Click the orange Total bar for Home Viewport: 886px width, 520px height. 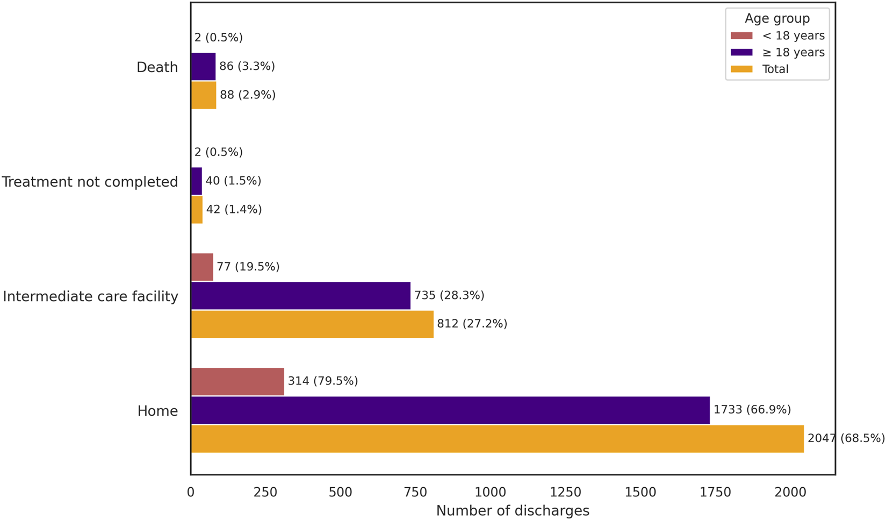point(497,439)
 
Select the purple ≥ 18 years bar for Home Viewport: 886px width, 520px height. point(450,410)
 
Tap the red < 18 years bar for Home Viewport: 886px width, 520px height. point(237,382)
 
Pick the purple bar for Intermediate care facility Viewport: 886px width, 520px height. point(301,296)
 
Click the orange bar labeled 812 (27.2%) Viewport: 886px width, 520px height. point(312,324)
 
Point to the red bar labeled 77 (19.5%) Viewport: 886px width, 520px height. point(203,267)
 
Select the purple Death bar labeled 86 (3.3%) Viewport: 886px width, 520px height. point(204,67)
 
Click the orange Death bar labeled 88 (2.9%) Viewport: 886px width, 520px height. point(204,95)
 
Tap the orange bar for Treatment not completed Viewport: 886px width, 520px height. point(197,210)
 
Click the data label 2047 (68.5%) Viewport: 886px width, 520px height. point(846,439)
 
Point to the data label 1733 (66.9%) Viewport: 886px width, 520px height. point(752,410)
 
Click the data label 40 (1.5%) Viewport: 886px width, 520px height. point(233,181)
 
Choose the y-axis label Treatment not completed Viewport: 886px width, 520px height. point(90,182)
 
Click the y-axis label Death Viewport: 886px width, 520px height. point(157,68)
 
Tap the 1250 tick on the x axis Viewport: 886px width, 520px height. point(565,492)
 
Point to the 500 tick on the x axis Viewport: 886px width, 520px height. point(341,492)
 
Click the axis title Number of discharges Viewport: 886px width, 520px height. point(513,511)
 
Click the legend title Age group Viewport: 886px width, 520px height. point(777,19)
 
